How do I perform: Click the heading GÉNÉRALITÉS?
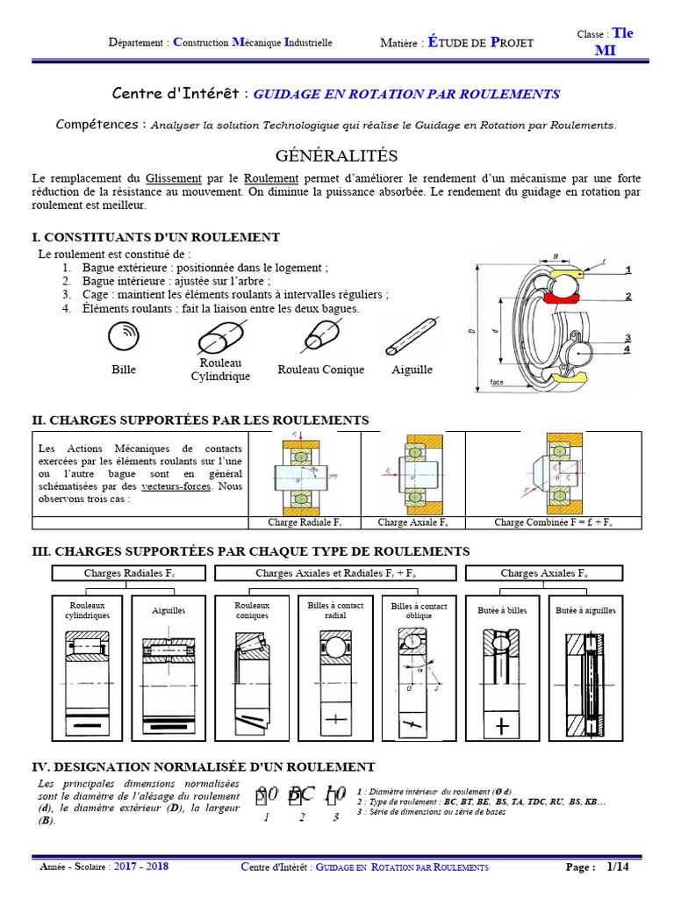[337, 156]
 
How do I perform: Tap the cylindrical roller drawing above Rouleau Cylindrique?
[220, 334]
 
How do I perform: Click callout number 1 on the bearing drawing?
[628, 270]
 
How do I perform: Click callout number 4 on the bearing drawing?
[627, 349]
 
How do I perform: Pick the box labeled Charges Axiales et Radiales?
[336, 573]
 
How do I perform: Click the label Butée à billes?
[502, 610]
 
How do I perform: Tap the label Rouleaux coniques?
[252, 610]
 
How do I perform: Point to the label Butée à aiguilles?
[585, 610]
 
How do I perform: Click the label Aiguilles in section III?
[168, 610]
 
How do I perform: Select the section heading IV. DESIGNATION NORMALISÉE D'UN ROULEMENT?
[204, 766]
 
